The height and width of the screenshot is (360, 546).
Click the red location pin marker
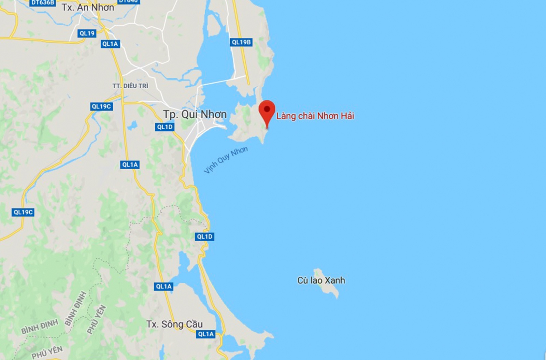(x=267, y=110)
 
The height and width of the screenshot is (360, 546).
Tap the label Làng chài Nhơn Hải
(x=315, y=116)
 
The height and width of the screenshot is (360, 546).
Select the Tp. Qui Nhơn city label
(x=195, y=114)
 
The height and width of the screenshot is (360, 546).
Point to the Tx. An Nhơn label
(x=88, y=8)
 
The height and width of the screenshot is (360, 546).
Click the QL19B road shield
(x=241, y=42)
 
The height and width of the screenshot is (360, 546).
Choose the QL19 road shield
(x=87, y=33)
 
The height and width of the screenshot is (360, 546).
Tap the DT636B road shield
(x=43, y=2)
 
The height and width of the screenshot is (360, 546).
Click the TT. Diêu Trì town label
(x=130, y=86)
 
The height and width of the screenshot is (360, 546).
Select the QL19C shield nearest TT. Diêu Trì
(x=101, y=106)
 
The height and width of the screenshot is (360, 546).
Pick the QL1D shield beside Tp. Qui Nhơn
(x=165, y=127)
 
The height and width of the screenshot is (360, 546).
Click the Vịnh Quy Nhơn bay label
(x=226, y=160)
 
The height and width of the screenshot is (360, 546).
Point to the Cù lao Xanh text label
(x=321, y=280)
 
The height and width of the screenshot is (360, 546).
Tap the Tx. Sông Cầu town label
(x=174, y=324)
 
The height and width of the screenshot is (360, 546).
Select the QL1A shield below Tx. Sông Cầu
(x=206, y=334)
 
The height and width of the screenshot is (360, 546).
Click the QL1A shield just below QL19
(x=110, y=44)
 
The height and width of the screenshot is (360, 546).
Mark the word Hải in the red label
(x=347, y=116)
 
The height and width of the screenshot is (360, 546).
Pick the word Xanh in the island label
(x=334, y=280)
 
